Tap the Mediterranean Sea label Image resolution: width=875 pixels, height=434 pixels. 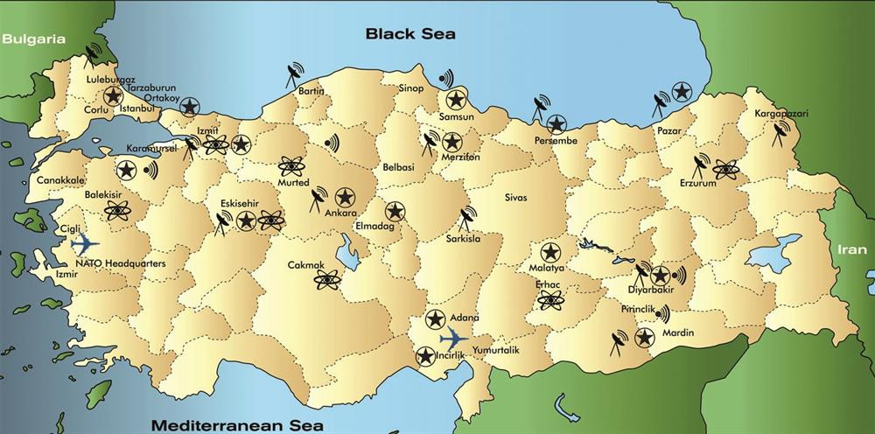click(x=236, y=424)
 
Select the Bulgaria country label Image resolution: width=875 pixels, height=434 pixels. click(x=34, y=39)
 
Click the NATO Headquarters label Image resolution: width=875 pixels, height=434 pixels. click(x=121, y=262)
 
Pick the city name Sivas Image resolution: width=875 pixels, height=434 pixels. click(x=516, y=198)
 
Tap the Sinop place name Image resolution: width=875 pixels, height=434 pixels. click(x=411, y=88)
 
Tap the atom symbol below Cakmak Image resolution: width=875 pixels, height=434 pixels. click(x=327, y=280)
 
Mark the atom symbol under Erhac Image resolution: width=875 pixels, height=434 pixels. click(x=549, y=300)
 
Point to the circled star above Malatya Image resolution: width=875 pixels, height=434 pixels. click(x=549, y=251)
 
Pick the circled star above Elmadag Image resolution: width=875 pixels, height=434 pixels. click(x=395, y=211)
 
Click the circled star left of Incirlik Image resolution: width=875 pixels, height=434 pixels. click(x=424, y=356)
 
